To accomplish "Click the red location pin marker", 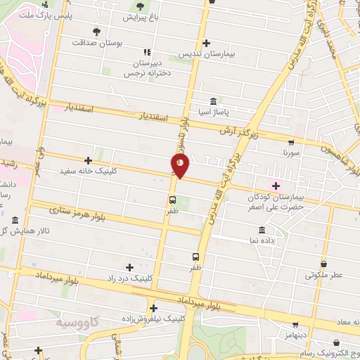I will [180, 165].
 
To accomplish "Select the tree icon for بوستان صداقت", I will [96, 31].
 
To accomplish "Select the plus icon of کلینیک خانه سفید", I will [87, 160].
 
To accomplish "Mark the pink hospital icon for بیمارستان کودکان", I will [276, 186].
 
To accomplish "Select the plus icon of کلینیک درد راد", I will [129, 267].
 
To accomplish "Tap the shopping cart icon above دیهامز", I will [295, 326].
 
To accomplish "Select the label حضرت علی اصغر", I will [275, 207].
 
